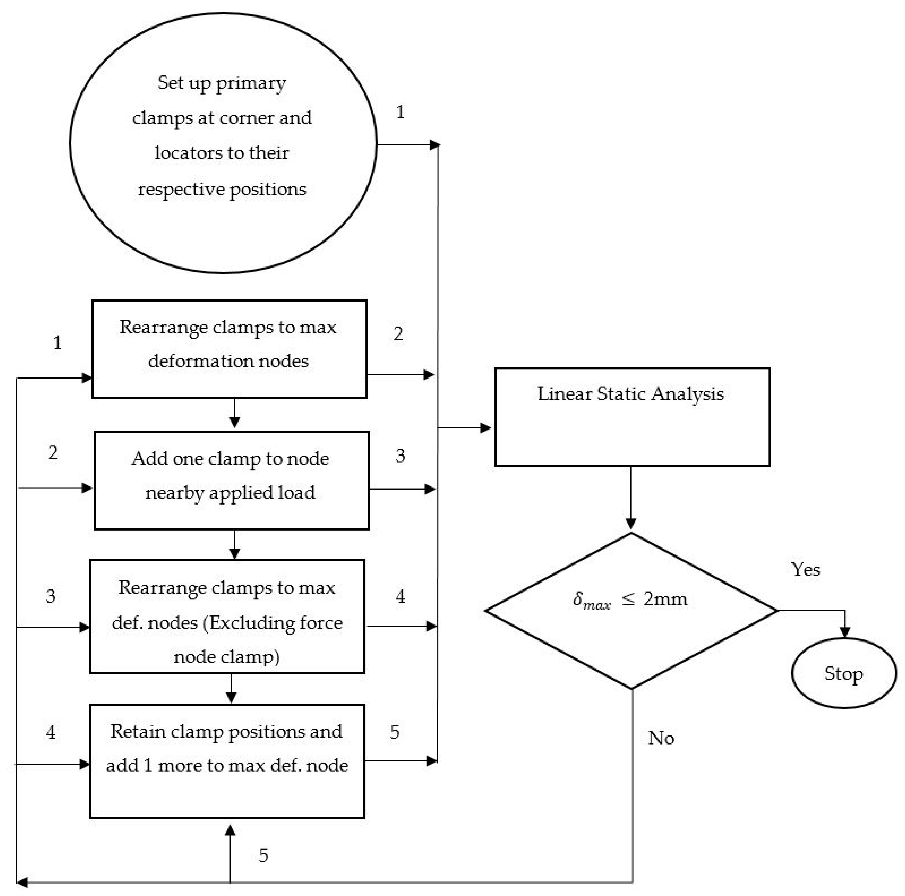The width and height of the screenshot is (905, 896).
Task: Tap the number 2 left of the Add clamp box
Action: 53,452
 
